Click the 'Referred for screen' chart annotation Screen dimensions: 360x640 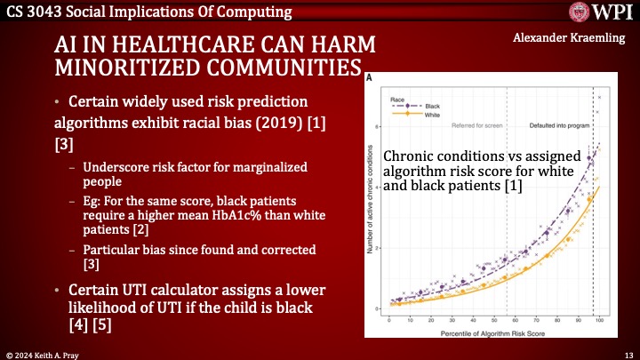pos(476,125)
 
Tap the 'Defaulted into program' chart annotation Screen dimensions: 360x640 pos(559,125)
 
